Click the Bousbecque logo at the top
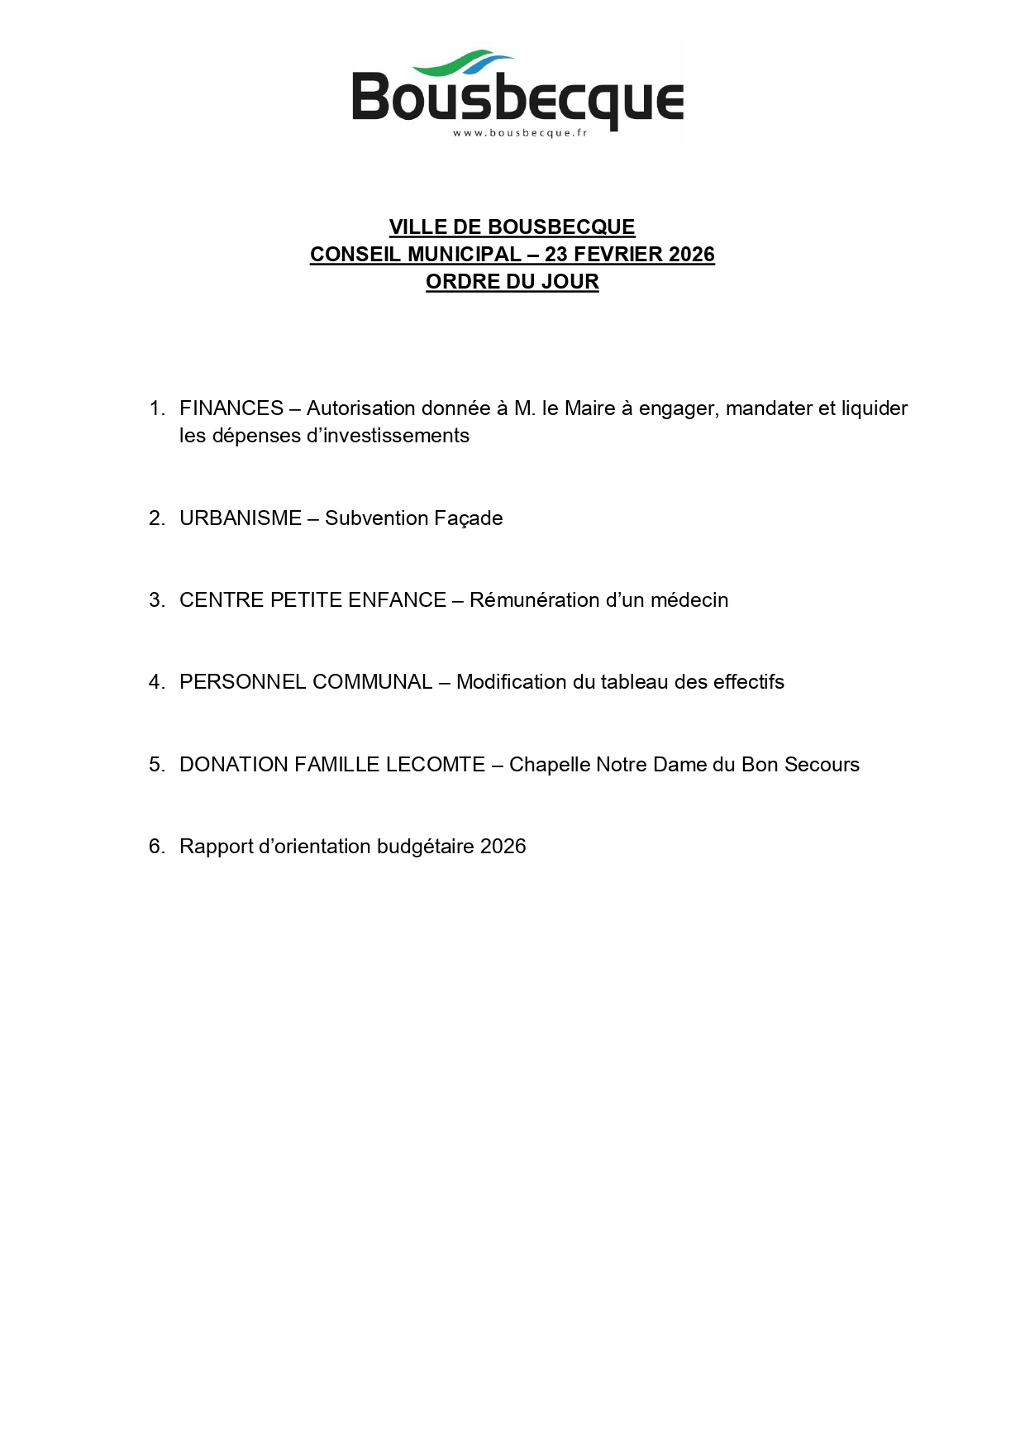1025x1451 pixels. point(517,93)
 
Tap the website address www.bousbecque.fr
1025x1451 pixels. point(519,133)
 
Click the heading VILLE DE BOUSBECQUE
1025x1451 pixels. point(512,227)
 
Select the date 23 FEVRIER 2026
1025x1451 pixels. point(629,254)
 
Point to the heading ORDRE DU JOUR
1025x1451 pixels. point(512,281)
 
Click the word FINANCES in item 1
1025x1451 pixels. point(231,408)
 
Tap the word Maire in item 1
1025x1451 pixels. point(589,408)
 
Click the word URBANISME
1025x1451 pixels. point(241,518)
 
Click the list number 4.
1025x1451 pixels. point(155,682)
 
